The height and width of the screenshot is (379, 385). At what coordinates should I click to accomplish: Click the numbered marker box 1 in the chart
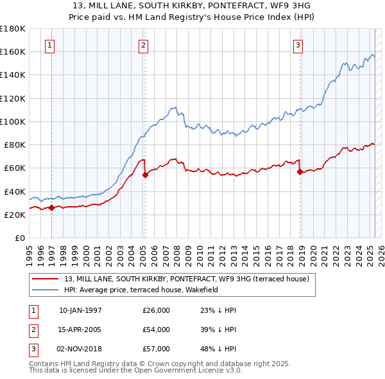pos(50,45)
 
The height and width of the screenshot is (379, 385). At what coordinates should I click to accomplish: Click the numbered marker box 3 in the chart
pos(298,45)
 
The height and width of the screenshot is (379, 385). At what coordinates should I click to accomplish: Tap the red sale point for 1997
pos(51,207)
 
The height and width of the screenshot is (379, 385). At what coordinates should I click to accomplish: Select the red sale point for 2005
pos(145,175)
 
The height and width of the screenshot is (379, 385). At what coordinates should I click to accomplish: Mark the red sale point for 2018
pos(300,172)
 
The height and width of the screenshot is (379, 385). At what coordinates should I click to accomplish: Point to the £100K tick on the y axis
pos(13,121)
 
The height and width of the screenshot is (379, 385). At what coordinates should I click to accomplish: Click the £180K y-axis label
pos(13,29)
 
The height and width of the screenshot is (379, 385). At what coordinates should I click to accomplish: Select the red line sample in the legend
pos(46,279)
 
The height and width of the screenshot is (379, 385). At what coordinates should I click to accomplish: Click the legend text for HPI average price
pos(141,290)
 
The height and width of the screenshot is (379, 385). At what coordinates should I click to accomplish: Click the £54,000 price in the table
pos(157,330)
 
